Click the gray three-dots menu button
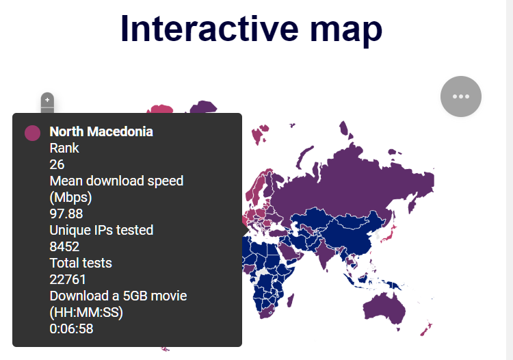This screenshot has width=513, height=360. (460, 97)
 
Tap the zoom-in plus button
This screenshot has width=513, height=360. (47, 100)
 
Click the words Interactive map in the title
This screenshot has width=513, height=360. (251, 29)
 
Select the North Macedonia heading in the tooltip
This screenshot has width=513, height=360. (101, 131)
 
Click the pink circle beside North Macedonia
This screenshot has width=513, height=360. (32, 133)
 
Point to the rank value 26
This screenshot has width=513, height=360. (57, 164)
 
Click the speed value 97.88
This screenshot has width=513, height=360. (66, 214)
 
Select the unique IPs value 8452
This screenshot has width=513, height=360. (64, 246)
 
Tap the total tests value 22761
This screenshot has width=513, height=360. (68, 279)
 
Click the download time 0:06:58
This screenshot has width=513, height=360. (71, 329)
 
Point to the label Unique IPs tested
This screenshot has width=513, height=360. (101, 230)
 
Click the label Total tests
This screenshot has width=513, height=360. (81, 263)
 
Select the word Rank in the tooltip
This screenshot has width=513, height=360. (64, 148)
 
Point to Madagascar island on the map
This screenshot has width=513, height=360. (290, 300)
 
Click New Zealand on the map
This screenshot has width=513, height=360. (426, 329)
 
